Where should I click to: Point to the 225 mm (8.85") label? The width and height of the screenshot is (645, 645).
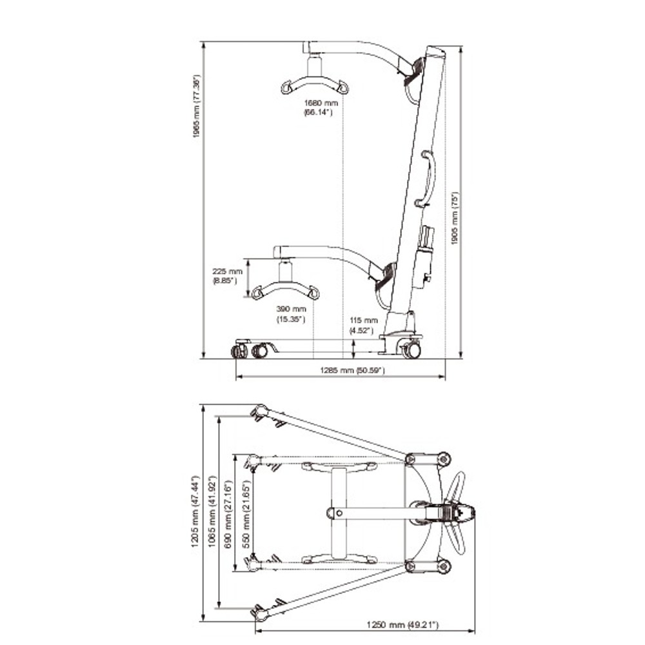227,276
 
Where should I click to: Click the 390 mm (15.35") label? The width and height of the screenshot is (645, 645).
291,315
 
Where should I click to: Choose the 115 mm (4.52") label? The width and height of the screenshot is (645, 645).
363,325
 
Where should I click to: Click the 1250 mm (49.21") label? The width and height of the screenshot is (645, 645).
402,624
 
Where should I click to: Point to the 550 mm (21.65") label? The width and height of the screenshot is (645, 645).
243,513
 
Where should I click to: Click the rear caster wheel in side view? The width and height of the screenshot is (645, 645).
410,350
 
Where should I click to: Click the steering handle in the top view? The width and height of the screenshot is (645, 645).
459,513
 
